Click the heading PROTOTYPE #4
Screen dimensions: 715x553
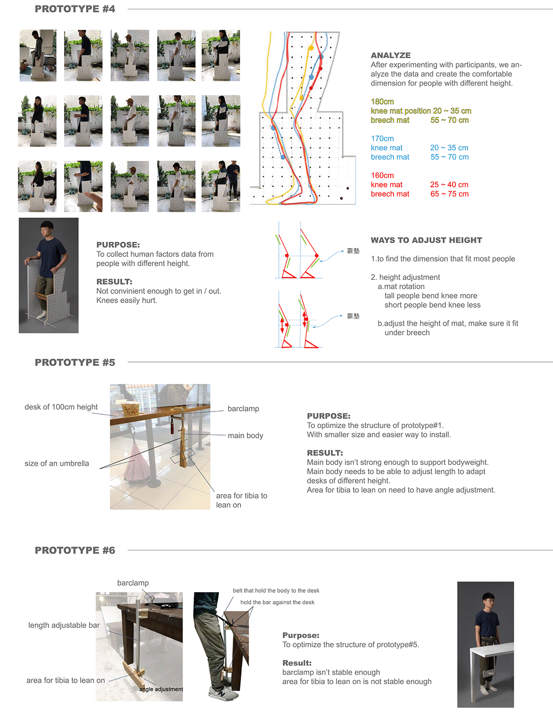[75, 9]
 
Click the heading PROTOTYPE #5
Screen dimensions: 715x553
[75, 363]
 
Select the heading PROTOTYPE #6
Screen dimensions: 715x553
[75, 550]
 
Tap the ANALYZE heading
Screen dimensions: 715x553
[390, 55]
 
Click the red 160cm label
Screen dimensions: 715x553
[382, 175]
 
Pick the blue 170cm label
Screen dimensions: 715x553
[382, 138]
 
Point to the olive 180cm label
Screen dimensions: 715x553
[382, 101]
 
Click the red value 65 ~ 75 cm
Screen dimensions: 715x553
[449, 194]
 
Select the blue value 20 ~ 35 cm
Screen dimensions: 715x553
[449, 148]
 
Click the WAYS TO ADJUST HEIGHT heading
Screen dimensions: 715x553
[426, 240]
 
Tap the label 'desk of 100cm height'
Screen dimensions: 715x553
[61, 407]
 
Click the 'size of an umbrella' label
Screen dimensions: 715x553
[57, 464]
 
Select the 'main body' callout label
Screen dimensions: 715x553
[245, 435]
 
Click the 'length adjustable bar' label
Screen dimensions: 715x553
[64, 625]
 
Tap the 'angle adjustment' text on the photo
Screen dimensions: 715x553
[161, 689]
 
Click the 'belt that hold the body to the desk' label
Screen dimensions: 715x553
[276, 590]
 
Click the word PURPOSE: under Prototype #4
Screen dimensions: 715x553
[118, 245]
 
